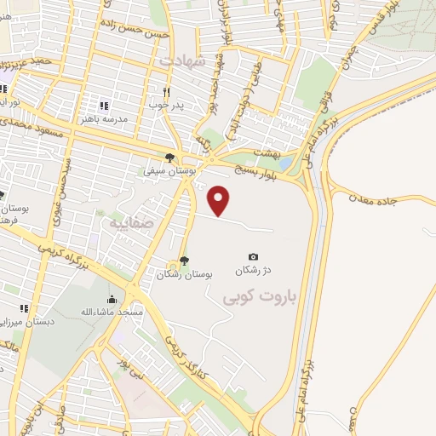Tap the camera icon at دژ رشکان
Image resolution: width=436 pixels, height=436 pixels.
click(253, 256)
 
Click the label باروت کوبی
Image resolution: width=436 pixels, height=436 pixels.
click(256, 299)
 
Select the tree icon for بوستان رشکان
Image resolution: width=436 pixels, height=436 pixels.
click(185, 261)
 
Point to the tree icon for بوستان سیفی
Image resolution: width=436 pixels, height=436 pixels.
click(170, 158)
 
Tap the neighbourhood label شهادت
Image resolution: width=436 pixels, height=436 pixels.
click(182, 61)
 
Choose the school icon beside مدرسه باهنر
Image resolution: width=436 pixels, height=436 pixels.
click(103, 106)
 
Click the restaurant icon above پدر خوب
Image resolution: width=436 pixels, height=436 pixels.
click(167, 92)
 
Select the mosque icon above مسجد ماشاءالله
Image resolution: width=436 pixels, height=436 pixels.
click(112, 299)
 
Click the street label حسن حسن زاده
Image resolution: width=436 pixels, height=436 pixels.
click(135, 28)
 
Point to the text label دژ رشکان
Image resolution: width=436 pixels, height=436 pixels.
click(254, 271)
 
